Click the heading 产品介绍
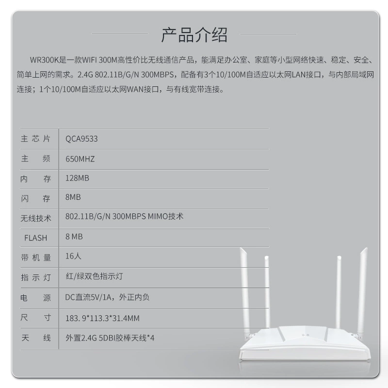click(194, 34)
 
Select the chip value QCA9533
click(81, 139)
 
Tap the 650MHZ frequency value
click(80, 159)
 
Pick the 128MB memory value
click(77, 178)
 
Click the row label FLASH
click(35, 238)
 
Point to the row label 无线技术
click(35, 218)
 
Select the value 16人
click(73, 256)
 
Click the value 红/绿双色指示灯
click(94, 276)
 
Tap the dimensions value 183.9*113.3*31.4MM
click(102, 318)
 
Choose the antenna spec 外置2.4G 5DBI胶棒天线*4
click(110, 338)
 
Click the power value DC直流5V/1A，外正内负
click(107, 297)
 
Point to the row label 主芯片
click(35, 139)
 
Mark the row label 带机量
click(35, 258)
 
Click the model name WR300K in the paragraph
click(45, 60)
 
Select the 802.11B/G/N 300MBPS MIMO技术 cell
click(124, 216)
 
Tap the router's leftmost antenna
click(244, 292)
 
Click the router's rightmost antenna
click(363, 292)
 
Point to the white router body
click(305, 343)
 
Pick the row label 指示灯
click(35, 277)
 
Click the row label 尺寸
click(35, 317)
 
